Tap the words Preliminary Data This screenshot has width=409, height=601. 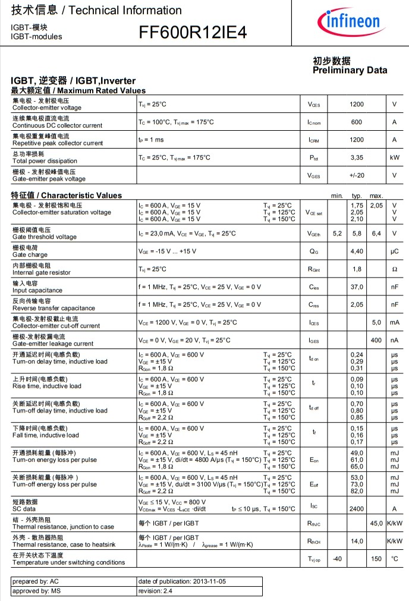pos(350,70)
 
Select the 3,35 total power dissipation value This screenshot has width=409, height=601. pos(357,158)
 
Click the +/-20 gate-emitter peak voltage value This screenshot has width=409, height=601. pos(357,175)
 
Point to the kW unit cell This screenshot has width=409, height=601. pos(394,158)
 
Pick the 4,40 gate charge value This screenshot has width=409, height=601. pos(357,251)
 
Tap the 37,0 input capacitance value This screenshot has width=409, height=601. pos(357,287)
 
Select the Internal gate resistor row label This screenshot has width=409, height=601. pos(40,272)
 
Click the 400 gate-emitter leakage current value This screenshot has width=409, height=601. pos(376,340)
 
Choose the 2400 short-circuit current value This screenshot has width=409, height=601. pos(357,509)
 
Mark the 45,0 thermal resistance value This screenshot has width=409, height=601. pos(376,523)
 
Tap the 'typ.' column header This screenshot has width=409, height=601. pos(357,196)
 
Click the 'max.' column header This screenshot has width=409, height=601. pos(376,196)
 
